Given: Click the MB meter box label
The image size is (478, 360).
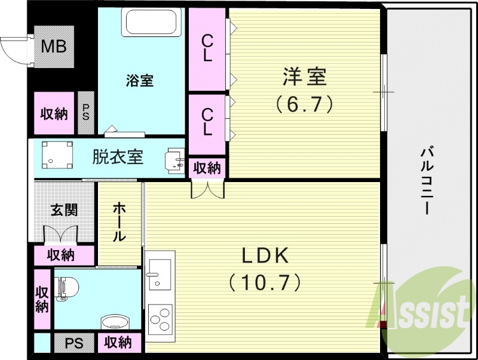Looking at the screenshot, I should pyautogui.click(x=53, y=47).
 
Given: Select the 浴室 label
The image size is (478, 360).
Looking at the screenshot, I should pyautogui.click(x=140, y=80).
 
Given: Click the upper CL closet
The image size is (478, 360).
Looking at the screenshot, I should pyautogui.click(x=207, y=48).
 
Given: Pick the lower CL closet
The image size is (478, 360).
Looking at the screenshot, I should pyautogui.click(x=207, y=121).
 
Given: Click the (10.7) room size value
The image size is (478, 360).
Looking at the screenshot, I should pyautogui.click(x=265, y=282).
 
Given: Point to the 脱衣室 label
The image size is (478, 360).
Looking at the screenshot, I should pyautogui.click(x=117, y=157).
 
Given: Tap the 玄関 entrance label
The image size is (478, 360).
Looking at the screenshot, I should pyautogui.click(x=63, y=210).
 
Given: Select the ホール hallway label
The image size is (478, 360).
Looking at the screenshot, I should pyautogui.click(x=119, y=221).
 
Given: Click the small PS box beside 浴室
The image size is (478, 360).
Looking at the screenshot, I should pyautogui.click(x=86, y=112).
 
